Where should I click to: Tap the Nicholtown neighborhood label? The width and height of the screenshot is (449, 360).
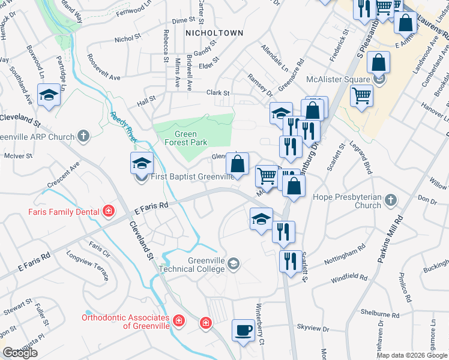pyautogui.click(x=214, y=33)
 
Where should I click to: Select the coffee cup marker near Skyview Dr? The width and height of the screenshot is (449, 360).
pyautogui.click(x=244, y=331)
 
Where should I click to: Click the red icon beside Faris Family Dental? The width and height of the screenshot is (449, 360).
pyautogui.click(x=108, y=211)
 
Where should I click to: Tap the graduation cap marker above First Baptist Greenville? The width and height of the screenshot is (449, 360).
pyautogui.click(x=142, y=163)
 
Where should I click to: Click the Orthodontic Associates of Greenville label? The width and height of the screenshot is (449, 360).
pyautogui.click(x=127, y=322)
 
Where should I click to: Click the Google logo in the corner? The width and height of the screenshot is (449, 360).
pyautogui.click(x=20, y=353)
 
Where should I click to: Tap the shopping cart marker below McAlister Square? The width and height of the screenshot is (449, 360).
pyautogui.click(x=361, y=95)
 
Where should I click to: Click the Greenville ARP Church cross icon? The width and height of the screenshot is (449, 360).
pyautogui.click(x=83, y=136)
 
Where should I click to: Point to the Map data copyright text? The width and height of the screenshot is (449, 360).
pyautogui.click(x=412, y=355)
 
